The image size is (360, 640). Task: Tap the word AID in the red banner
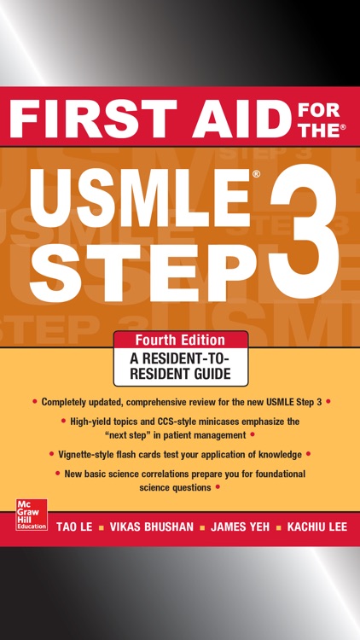coord(238,117)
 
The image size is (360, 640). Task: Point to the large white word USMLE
coord(145,197)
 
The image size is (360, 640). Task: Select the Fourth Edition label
coord(181,340)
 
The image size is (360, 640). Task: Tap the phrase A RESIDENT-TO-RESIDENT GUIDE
coord(181,366)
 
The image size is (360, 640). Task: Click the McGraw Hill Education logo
coord(32,515)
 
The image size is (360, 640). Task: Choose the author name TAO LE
coord(75,527)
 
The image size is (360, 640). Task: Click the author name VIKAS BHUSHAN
coord(152,527)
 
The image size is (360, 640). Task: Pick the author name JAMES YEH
coord(240,527)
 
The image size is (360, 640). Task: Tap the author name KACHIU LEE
coord(317,527)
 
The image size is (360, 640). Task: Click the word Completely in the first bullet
coord(62,402)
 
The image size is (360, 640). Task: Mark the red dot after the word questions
coord(218,487)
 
